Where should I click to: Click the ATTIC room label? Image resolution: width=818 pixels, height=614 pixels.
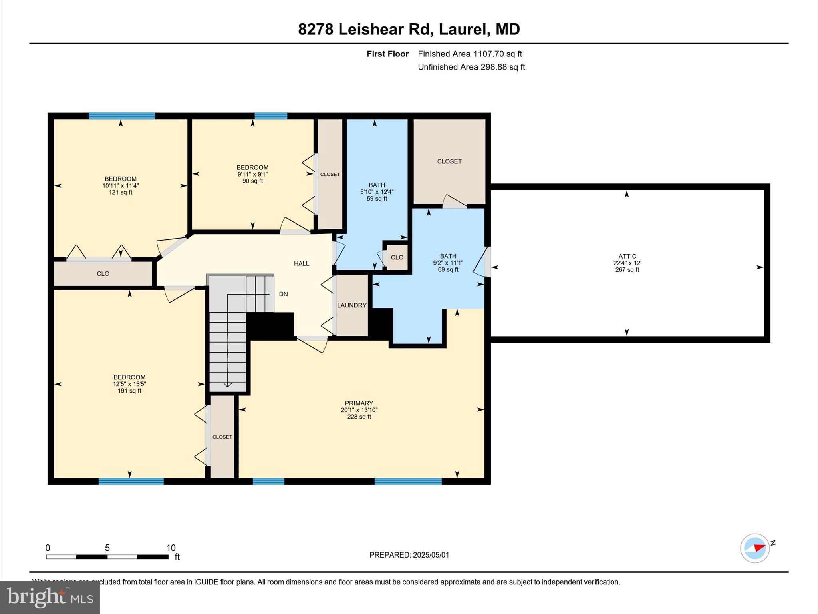pos(627,256)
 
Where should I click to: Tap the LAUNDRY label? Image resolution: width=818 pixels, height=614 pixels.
pos(351,305)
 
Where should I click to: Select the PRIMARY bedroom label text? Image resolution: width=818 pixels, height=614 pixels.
pos(359,403)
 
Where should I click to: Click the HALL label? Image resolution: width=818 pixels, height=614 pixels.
pos(302,263)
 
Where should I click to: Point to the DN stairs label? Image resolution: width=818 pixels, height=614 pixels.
pos(283,294)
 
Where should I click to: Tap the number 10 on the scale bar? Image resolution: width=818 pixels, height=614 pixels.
pos(171,548)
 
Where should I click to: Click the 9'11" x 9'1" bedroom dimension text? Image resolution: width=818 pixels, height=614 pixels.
pos(252,174)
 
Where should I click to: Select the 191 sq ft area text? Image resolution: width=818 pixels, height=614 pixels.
pos(129,391)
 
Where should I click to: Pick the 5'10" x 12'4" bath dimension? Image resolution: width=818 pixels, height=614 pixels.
pos(377,192)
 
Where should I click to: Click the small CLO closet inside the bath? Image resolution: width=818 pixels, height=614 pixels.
pos(397,257)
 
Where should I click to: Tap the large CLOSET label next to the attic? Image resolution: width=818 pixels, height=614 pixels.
pos(449,161)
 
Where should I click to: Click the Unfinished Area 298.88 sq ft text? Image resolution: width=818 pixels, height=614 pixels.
pos(471,67)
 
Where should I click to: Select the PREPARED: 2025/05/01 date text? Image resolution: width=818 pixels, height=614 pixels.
pos(409,555)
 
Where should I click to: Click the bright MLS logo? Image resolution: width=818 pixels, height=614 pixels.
pos(50,597)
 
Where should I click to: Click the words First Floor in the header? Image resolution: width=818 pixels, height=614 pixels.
pos(387,54)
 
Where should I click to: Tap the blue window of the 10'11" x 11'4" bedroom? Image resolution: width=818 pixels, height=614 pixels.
pos(121,116)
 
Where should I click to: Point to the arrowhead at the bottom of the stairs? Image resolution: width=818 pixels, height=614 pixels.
pos(227,385)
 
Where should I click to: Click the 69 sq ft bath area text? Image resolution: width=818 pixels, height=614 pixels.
pos(448,269)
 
